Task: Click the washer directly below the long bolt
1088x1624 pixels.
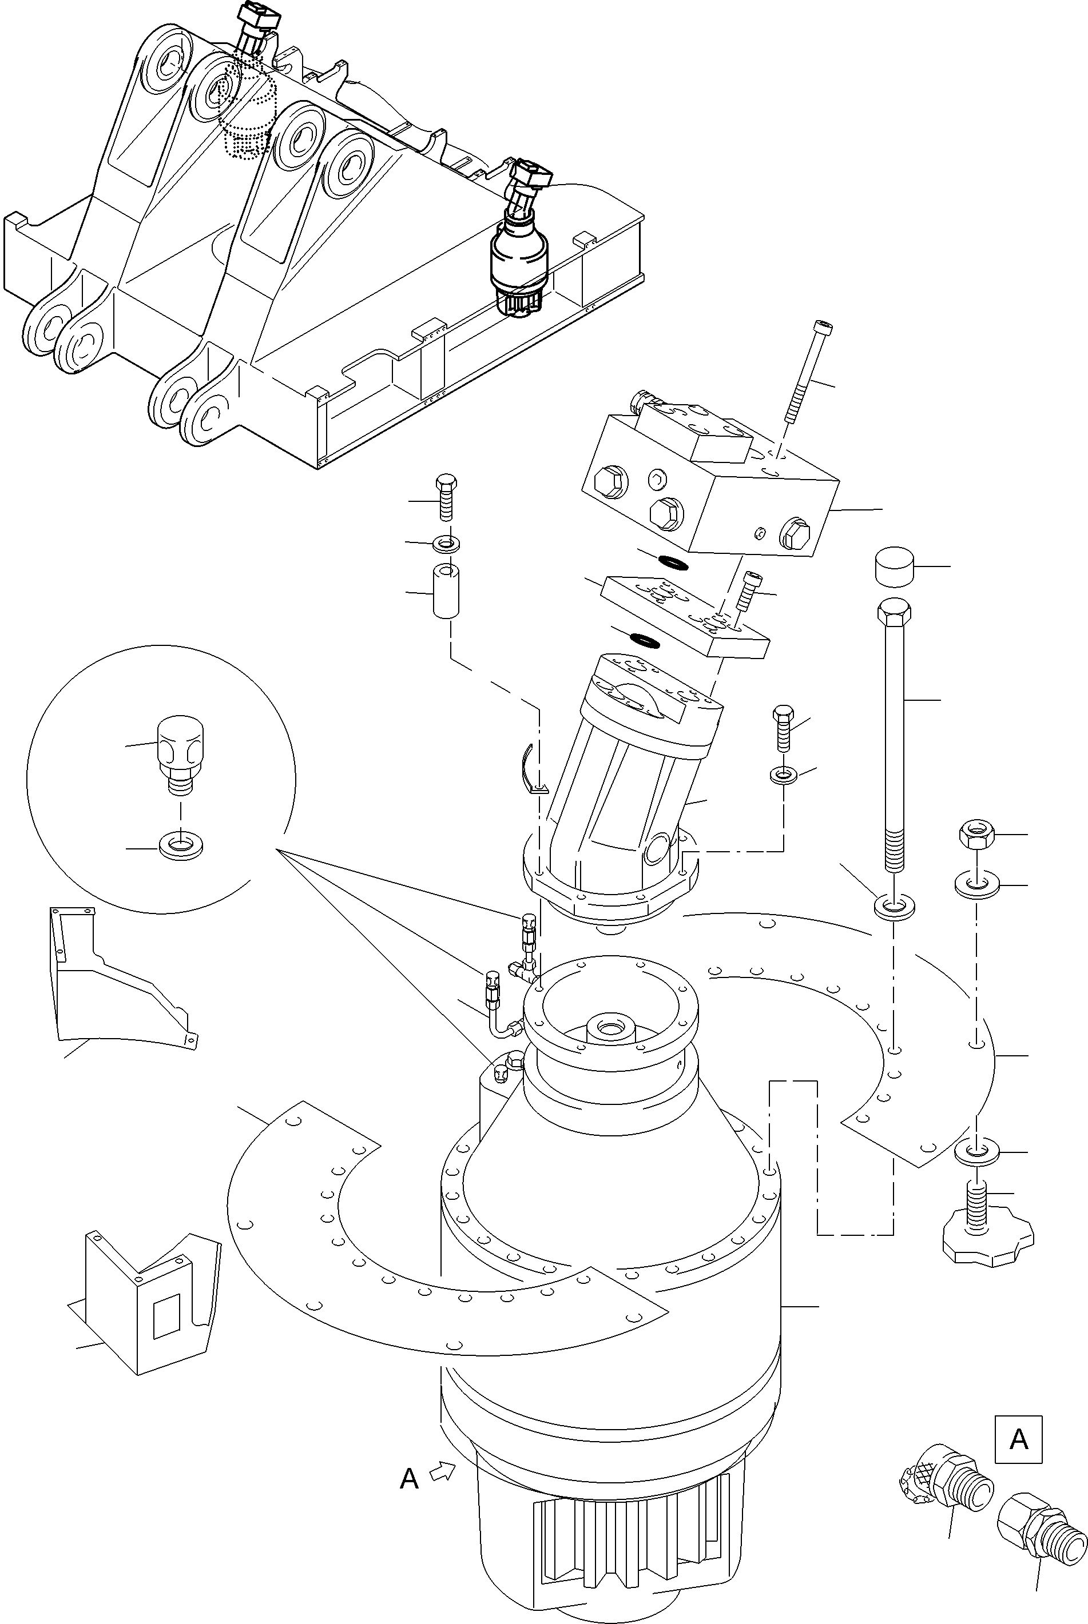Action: pyautogui.click(x=895, y=905)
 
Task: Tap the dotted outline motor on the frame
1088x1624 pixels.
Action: pyautogui.click(x=245, y=111)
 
